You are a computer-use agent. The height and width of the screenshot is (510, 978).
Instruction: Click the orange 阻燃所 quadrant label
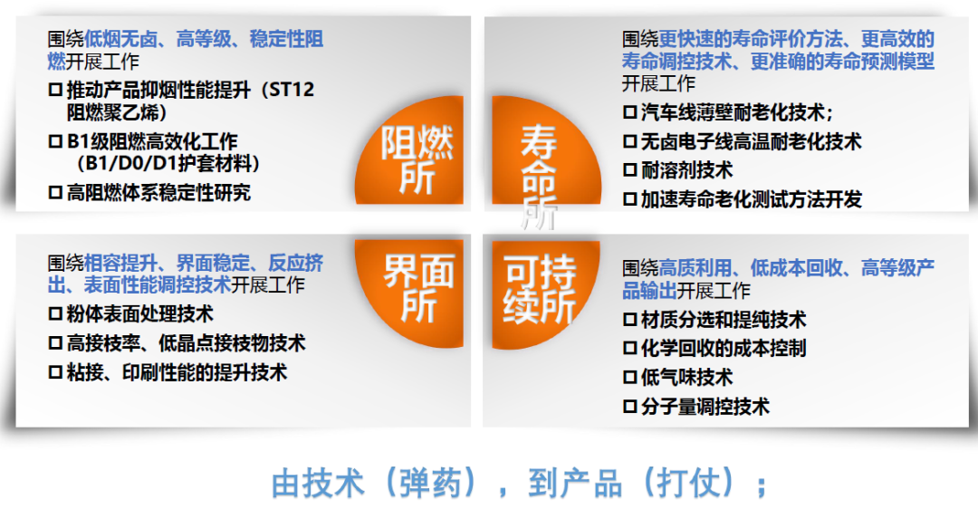416,159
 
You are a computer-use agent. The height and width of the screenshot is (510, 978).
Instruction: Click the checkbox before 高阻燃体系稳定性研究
56,192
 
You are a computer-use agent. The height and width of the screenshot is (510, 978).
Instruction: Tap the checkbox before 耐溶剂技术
630,170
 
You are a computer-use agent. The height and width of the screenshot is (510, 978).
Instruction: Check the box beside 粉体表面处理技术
56,314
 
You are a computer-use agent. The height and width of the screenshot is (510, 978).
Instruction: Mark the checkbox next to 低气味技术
630,378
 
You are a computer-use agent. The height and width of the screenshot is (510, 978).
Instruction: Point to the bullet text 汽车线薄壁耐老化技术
733,112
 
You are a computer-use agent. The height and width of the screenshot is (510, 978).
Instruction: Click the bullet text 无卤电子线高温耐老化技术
751,141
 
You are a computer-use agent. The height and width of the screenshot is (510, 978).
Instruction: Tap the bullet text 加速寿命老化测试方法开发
751,199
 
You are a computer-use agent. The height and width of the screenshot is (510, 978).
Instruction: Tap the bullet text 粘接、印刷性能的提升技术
177,372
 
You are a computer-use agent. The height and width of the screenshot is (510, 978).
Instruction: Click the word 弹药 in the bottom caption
431,483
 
